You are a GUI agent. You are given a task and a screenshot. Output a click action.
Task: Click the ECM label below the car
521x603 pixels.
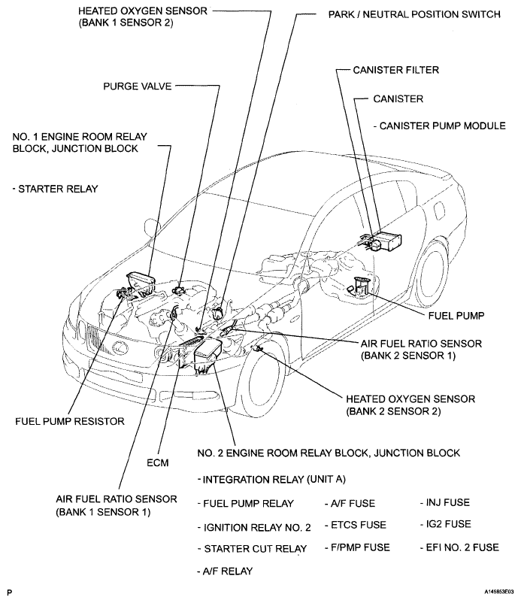pos(158,462)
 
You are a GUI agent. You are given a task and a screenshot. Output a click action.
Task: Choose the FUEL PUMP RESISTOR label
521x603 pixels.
pos(69,422)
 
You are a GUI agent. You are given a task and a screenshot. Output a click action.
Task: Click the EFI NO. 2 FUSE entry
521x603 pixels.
pos(459,547)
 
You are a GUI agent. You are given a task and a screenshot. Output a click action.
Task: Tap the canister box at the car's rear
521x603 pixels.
pos(388,241)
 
